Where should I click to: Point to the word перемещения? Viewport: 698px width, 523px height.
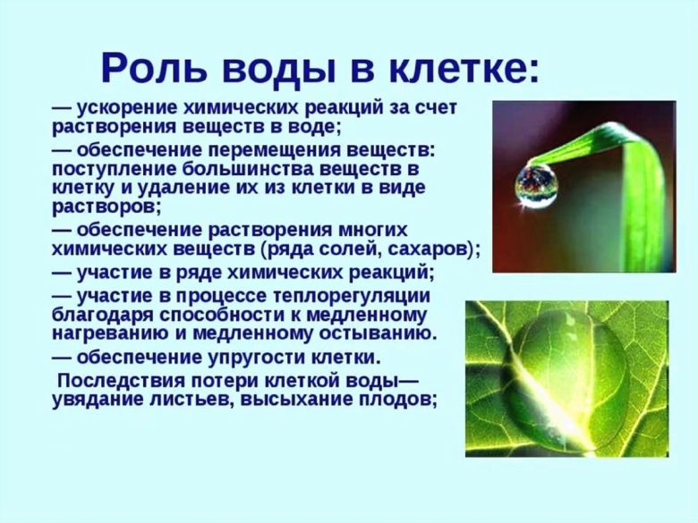(293, 148)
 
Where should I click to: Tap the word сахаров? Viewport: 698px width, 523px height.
(432, 249)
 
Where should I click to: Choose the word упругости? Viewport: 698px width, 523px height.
(247, 358)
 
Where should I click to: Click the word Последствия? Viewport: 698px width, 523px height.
(116, 381)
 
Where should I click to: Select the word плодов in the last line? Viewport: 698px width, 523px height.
(400, 400)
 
